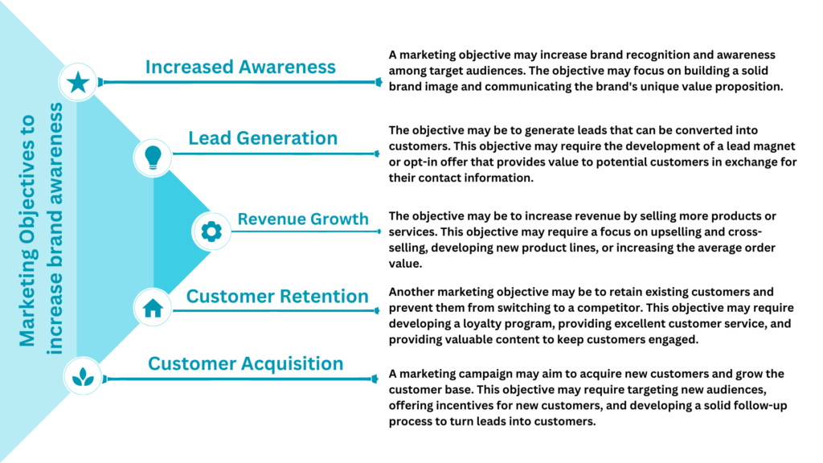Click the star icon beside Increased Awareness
pyautogui.click(x=78, y=82)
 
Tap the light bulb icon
pyautogui.click(x=153, y=157)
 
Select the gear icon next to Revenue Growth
pyautogui.click(x=211, y=231)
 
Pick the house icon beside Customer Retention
pyautogui.click(x=153, y=308)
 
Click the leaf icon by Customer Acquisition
pyautogui.click(x=83, y=376)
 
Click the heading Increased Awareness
pyautogui.click(x=240, y=67)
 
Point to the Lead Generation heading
pyautogui.click(x=263, y=138)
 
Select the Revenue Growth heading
pyautogui.click(x=303, y=219)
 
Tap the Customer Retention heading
pyautogui.click(x=277, y=296)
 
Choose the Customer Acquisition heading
pyautogui.click(x=246, y=364)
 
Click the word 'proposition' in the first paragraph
pyautogui.click(x=753, y=87)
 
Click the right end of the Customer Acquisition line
pyautogui.click(x=377, y=379)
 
